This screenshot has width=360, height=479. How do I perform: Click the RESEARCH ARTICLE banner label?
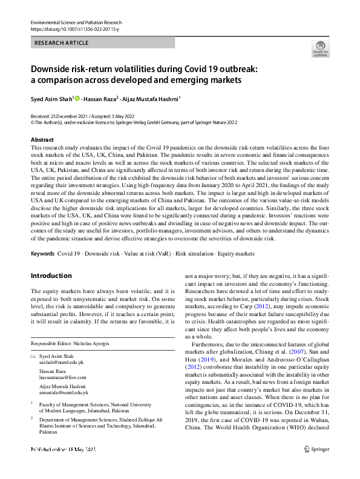[63, 43]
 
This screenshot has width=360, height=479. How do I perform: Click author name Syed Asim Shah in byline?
[51, 98]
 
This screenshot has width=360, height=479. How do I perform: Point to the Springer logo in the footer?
[318, 466]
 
